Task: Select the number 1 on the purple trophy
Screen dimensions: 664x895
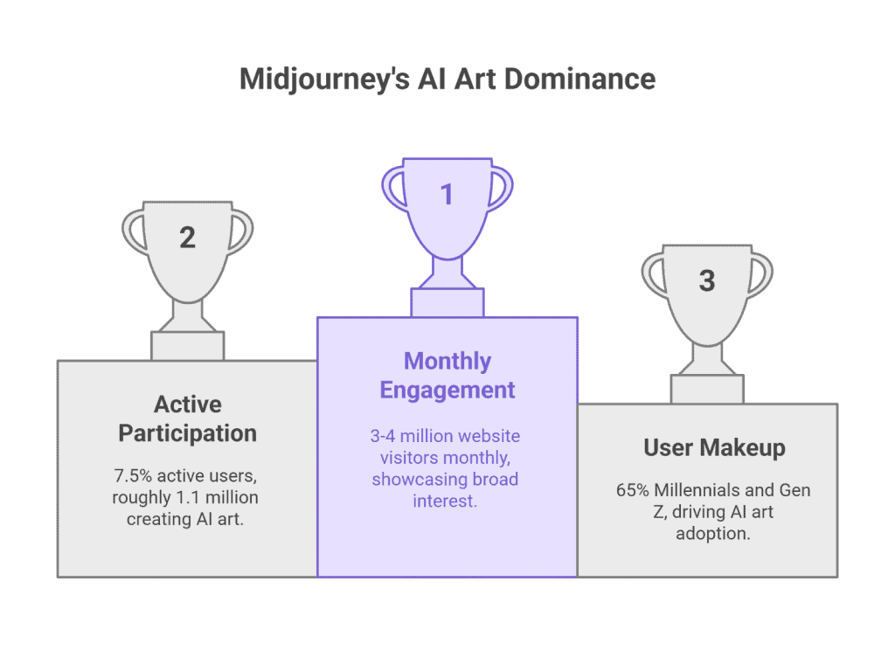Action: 447,194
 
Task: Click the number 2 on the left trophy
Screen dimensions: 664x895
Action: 187,237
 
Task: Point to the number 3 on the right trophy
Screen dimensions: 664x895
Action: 707,280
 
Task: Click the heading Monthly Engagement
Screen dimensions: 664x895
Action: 447,375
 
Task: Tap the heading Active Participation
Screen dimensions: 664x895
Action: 187,418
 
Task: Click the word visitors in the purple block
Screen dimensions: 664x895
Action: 400,458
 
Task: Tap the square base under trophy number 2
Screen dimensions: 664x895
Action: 187,345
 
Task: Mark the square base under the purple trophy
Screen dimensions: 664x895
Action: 447,302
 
